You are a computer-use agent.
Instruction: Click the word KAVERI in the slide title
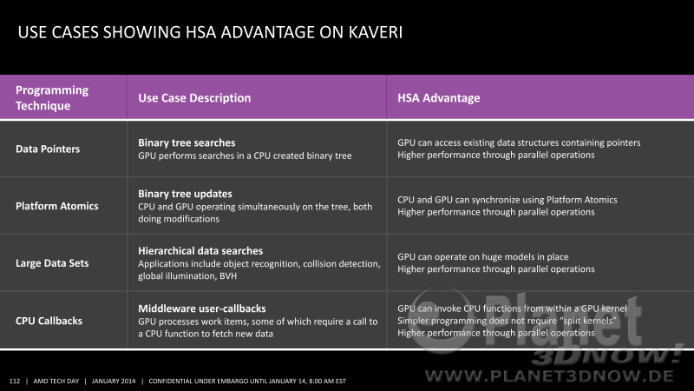click(x=376, y=32)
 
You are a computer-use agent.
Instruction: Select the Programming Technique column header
click(x=52, y=98)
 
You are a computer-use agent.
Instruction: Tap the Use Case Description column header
click(x=194, y=98)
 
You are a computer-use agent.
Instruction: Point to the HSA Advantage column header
click(x=439, y=98)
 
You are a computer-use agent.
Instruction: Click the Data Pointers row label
click(x=48, y=149)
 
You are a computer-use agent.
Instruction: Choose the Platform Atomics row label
click(x=57, y=206)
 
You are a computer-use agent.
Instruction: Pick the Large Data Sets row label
click(x=52, y=263)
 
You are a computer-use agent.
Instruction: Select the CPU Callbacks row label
click(x=49, y=321)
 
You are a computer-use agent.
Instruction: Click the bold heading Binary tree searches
click(x=187, y=142)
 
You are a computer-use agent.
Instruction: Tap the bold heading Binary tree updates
click(x=185, y=194)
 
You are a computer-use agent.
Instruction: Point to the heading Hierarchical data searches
click(x=200, y=251)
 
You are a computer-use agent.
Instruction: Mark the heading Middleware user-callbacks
click(x=202, y=308)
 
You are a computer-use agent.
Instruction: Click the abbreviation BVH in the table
click(x=228, y=276)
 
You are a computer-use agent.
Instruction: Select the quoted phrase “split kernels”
click(x=585, y=321)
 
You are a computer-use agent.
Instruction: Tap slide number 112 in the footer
click(x=15, y=381)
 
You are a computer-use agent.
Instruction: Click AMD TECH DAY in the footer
click(x=56, y=381)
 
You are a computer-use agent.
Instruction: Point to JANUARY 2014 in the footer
click(x=114, y=381)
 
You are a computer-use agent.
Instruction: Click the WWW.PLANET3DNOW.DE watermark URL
click(x=549, y=377)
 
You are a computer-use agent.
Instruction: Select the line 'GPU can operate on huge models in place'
click(x=483, y=256)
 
